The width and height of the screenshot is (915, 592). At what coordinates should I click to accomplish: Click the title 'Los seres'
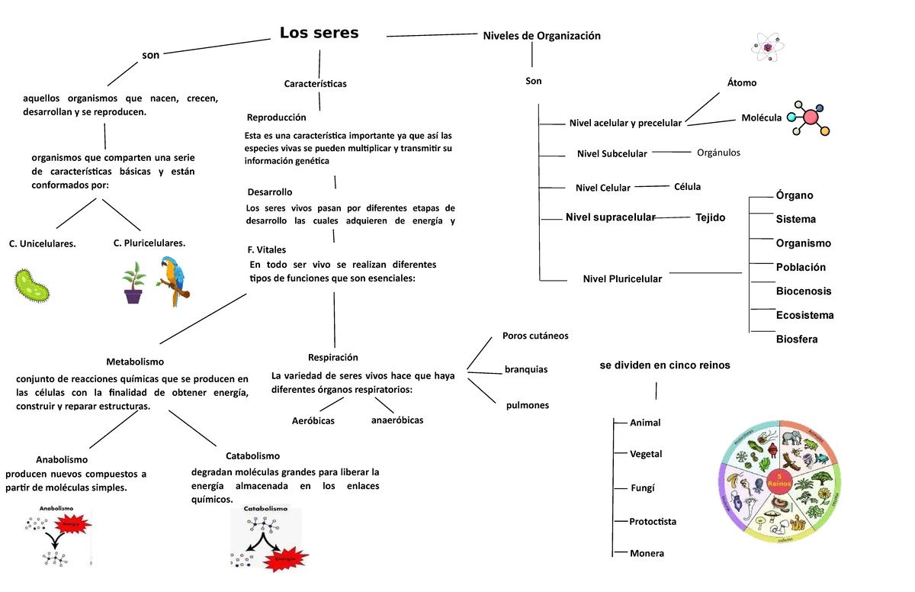[319, 33]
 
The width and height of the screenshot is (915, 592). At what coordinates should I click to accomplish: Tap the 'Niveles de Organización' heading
[541, 36]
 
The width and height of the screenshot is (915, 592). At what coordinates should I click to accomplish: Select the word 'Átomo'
[742, 82]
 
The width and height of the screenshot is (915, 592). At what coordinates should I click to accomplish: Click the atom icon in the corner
[766, 48]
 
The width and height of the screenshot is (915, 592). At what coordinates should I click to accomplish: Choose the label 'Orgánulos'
[718, 153]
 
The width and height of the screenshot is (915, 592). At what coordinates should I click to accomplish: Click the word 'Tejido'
[710, 217]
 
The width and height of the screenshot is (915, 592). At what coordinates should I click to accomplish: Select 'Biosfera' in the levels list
[796, 339]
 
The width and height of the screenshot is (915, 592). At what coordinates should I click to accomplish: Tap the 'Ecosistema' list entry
[804, 315]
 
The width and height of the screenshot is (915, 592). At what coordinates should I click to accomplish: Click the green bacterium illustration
[32, 285]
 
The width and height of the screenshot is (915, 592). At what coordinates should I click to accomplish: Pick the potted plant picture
[133, 283]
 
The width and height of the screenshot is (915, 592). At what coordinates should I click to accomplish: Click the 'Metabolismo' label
[135, 362]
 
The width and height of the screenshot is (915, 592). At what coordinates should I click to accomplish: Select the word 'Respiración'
[332, 357]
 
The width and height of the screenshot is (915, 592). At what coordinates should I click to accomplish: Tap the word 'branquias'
[526, 369]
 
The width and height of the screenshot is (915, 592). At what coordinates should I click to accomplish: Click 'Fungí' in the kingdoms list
[642, 488]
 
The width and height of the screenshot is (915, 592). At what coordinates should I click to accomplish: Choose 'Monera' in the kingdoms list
[647, 553]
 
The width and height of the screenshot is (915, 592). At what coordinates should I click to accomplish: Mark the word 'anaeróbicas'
[396, 420]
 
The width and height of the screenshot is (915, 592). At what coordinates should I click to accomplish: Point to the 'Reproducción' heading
[276, 117]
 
